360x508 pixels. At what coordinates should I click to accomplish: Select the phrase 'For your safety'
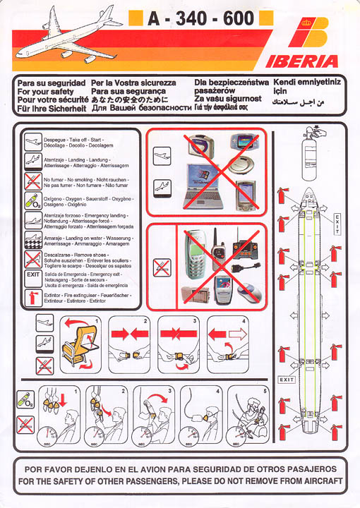point(45,92)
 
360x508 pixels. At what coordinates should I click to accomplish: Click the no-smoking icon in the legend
point(32,182)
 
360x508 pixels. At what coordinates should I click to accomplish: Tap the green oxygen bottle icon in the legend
point(32,201)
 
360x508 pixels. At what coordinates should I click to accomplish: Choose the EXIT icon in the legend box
point(32,277)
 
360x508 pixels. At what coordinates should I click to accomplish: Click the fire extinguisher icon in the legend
point(32,296)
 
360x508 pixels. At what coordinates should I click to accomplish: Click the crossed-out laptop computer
point(204,188)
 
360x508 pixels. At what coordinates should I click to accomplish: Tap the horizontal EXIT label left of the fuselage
point(286,380)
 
